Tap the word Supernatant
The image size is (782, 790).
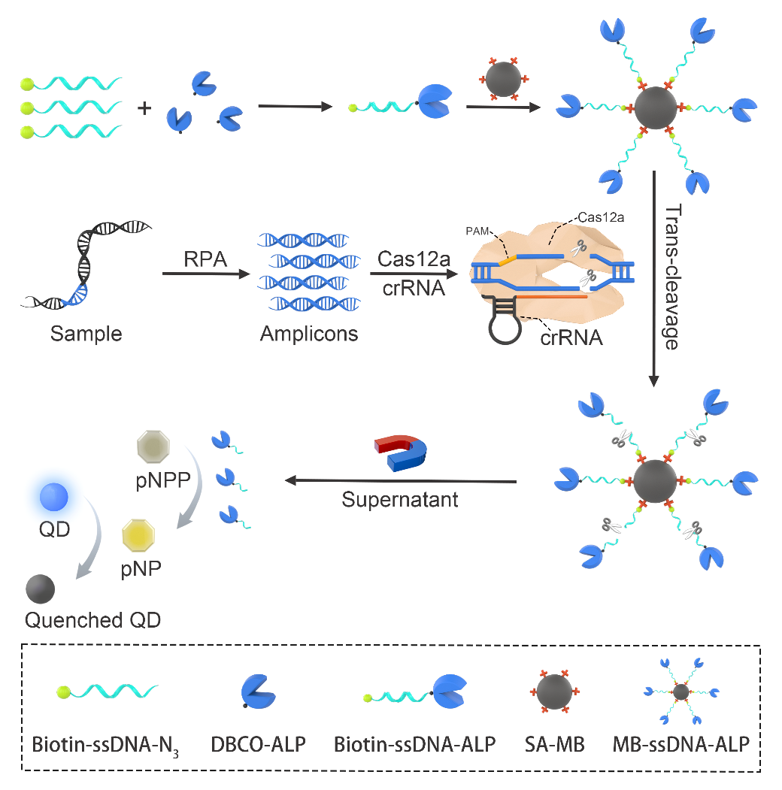click(x=399, y=499)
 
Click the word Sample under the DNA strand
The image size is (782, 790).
click(x=86, y=333)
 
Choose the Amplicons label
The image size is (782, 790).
click(x=309, y=333)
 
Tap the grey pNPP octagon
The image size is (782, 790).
click(x=154, y=449)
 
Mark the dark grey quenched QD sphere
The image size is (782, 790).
click(x=41, y=589)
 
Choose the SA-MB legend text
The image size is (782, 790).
click(x=553, y=746)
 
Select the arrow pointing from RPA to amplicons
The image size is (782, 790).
click(x=205, y=275)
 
